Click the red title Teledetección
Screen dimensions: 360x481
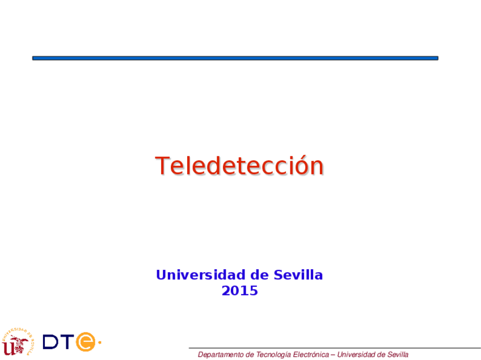coord(239,166)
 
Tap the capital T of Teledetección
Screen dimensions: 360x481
coord(162,166)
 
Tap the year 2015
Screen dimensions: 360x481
coord(239,291)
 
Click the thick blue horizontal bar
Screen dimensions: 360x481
coord(235,58)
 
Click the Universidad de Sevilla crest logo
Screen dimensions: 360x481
coord(17,342)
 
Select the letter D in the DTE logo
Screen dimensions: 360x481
coord(51,342)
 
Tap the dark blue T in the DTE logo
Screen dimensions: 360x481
coord(67,342)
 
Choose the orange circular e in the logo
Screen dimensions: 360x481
coord(86,342)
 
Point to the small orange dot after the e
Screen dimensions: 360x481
coord(99,342)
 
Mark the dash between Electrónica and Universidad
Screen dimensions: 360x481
coord(333,355)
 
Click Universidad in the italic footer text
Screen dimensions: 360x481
coord(355,355)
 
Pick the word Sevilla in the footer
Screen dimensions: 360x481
coord(397,355)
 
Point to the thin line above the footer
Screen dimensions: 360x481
coord(335,348)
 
